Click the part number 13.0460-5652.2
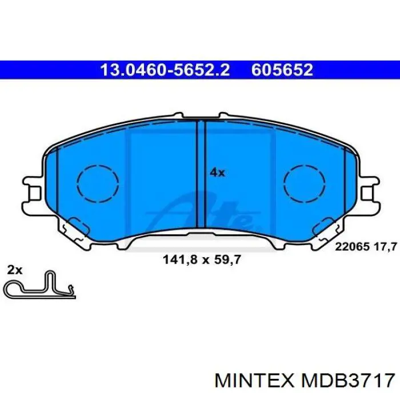click(x=165, y=70)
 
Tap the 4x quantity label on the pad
click(x=217, y=172)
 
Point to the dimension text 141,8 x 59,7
click(x=202, y=259)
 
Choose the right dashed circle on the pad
click(x=304, y=184)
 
